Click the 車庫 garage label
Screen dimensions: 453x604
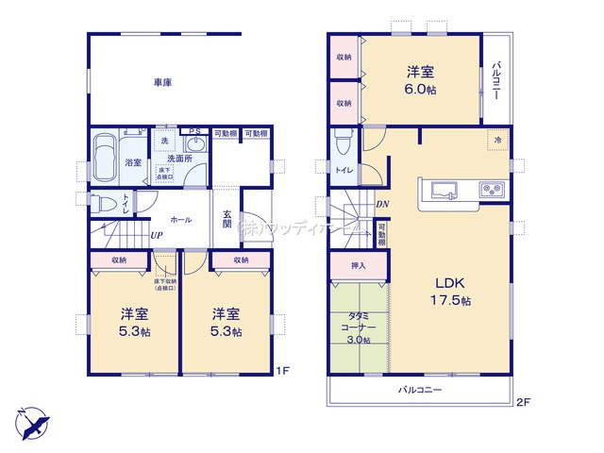coord(162,84)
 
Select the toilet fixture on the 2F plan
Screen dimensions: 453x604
coord(344,143)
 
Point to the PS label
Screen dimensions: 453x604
coord(193,132)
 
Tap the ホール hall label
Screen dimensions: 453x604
coord(183,219)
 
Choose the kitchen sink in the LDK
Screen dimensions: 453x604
coord(443,188)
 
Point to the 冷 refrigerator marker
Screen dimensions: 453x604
coord(496,140)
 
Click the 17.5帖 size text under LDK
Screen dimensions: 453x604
coord(454,300)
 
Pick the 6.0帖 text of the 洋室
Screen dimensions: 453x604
coord(421,90)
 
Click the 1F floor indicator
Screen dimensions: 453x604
coord(283,370)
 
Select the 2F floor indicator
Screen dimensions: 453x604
coord(524,402)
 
